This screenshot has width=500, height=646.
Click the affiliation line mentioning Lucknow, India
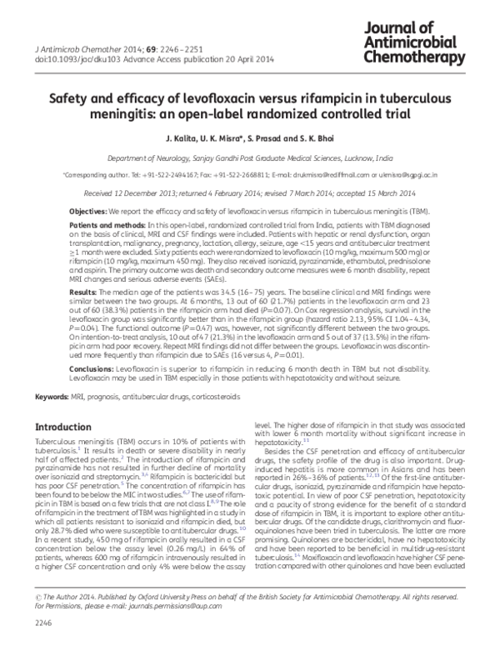tap(249, 156)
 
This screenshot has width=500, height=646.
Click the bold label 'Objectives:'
tap(87, 212)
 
